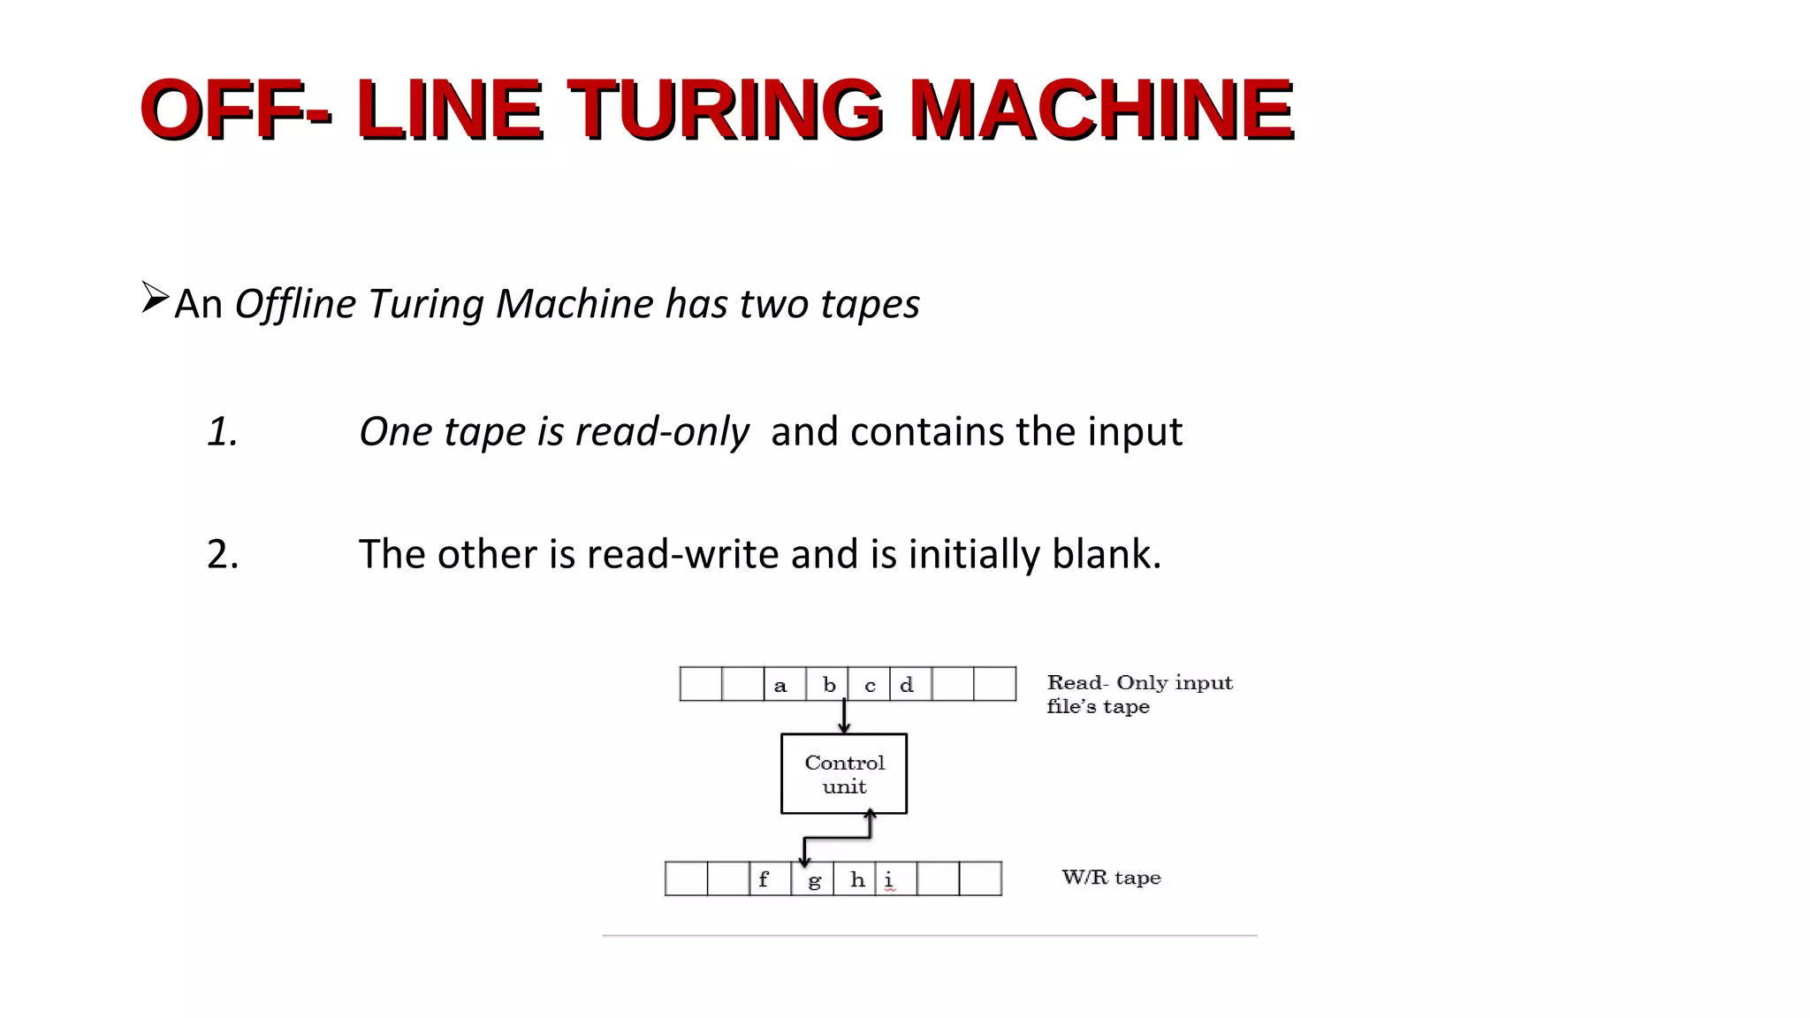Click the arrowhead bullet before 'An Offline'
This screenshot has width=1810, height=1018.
[x=155, y=298]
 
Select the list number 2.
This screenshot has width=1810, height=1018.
[x=223, y=554]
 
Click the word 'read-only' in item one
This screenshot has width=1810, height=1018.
[x=661, y=431]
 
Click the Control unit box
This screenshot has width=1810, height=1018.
[x=844, y=774]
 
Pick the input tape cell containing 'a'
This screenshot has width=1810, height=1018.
[x=785, y=685]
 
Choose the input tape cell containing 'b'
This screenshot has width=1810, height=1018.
[x=827, y=685]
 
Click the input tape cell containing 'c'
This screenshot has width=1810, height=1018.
[x=869, y=685]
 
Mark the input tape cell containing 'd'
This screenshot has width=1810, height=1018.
[x=910, y=685]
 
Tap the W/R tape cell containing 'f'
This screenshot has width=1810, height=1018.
[x=770, y=879]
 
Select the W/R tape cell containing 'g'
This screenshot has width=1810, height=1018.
[x=812, y=879]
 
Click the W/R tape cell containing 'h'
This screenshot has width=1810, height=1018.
[x=855, y=879]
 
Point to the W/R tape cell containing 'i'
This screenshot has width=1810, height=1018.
[x=895, y=879]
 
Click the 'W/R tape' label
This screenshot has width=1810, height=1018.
[x=1111, y=877]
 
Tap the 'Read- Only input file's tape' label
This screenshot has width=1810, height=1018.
[x=1139, y=695]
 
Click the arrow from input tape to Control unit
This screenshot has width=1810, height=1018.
[x=844, y=717]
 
